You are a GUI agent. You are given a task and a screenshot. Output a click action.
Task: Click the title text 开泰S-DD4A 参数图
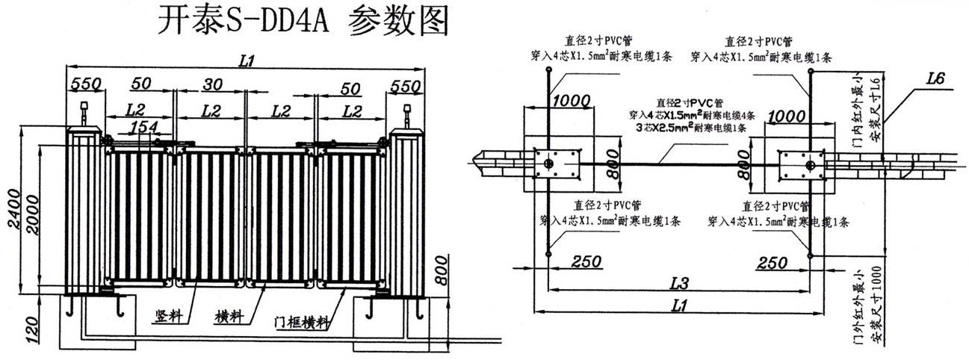pos(303,22)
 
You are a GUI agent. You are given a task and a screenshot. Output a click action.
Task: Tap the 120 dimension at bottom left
pos(30,329)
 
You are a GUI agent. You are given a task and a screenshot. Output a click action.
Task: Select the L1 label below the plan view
pos(678,305)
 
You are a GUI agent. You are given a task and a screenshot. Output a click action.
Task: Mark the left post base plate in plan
pos(554,164)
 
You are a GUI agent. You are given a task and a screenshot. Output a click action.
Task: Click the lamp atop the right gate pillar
pos(406,114)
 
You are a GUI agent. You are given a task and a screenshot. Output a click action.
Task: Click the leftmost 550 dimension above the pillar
pos(84,86)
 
